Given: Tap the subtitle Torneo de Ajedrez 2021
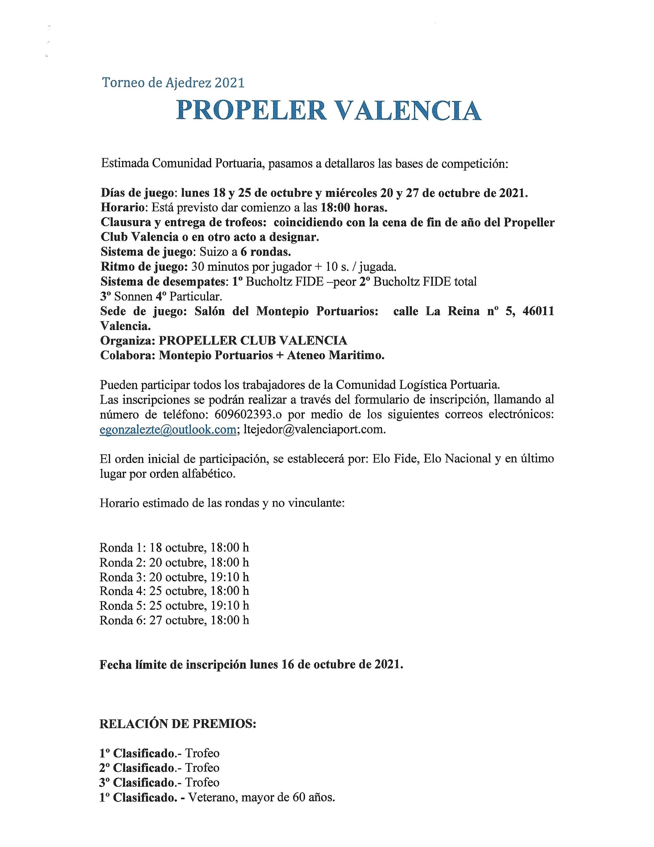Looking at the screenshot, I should point(173,82).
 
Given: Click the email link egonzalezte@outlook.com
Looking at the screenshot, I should point(168,430).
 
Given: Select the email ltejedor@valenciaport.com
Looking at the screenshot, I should point(314,430).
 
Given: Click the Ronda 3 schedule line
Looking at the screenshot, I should point(174,577).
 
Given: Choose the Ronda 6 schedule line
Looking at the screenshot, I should point(174,620).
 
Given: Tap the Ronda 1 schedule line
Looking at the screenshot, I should point(174,548).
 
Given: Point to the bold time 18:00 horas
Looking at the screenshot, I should point(354,208).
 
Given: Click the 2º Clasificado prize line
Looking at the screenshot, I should point(159,768).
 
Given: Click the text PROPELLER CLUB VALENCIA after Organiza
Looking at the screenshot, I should point(253,340).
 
